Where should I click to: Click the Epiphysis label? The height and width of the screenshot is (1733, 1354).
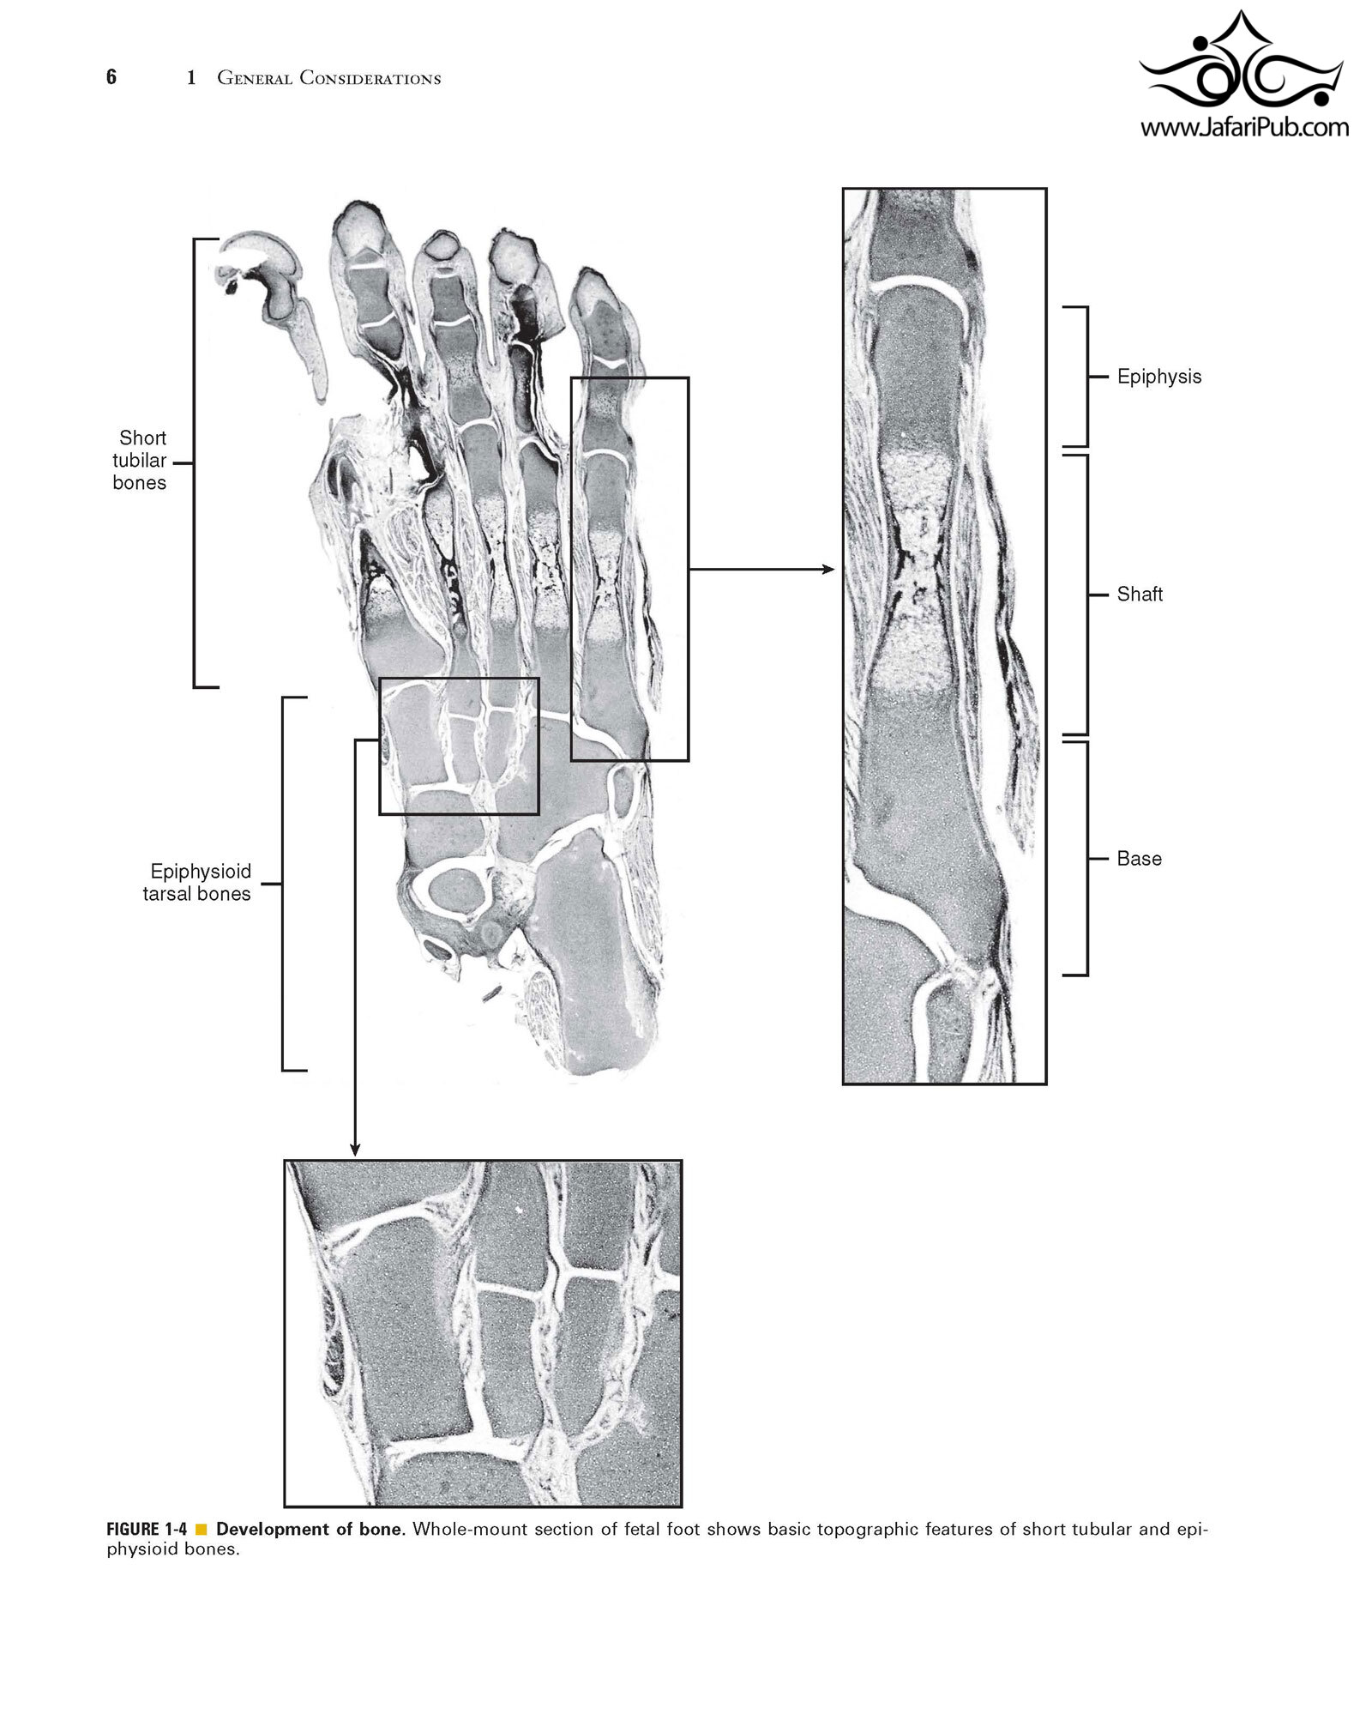pos(1158,377)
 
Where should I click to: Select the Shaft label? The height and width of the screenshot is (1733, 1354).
pos(1140,594)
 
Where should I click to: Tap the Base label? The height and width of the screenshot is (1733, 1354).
pos(1139,859)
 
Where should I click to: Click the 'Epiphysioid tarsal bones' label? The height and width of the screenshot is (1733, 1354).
pos(198,883)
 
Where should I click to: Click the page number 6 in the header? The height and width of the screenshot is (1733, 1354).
pos(111,77)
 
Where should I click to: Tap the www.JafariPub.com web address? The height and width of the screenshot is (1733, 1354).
pos(1243,129)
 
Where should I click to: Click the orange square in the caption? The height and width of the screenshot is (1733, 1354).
pos(202,1529)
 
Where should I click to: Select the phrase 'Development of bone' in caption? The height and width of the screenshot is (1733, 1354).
pos(309,1529)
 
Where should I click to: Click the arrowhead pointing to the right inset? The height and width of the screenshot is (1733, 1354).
pos(827,568)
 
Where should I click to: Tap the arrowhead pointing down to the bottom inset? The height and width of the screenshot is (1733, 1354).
pos(355,1149)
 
